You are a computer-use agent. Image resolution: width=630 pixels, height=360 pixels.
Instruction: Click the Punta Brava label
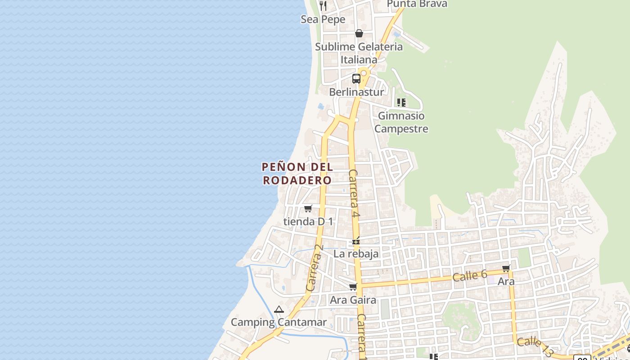(x=417, y=4)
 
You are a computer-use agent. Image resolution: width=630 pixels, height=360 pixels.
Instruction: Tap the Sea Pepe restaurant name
(x=323, y=19)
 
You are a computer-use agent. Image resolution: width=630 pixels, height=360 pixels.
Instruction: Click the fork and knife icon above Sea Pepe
(x=323, y=6)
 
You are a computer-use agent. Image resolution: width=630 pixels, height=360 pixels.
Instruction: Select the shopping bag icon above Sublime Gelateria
(x=359, y=33)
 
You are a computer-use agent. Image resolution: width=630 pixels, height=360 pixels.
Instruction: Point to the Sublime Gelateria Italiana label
(x=359, y=53)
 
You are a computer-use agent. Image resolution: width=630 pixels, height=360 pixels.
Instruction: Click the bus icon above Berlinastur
(x=356, y=79)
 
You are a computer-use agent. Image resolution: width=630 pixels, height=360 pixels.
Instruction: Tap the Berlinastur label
(x=356, y=92)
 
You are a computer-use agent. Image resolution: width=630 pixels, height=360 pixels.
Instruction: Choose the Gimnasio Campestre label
(x=401, y=122)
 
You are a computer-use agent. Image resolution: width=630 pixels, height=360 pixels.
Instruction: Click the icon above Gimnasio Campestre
(x=401, y=103)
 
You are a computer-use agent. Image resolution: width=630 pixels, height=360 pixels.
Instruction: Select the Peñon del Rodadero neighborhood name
(x=297, y=173)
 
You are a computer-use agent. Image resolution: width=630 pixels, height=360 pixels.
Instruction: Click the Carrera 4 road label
(x=354, y=194)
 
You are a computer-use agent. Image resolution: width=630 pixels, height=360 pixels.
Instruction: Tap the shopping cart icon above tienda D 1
(x=308, y=208)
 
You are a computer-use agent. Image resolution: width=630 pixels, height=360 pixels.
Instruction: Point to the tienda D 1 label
(x=308, y=221)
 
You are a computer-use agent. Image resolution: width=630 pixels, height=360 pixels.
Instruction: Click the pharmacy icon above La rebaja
(x=356, y=242)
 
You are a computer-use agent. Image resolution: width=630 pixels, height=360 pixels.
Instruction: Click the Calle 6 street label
(x=470, y=275)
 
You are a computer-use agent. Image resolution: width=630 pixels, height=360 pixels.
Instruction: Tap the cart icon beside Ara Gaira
(x=353, y=287)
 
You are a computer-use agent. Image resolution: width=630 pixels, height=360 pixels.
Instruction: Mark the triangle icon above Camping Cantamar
(x=279, y=310)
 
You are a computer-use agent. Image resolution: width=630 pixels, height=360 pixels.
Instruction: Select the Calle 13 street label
(x=535, y=347)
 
